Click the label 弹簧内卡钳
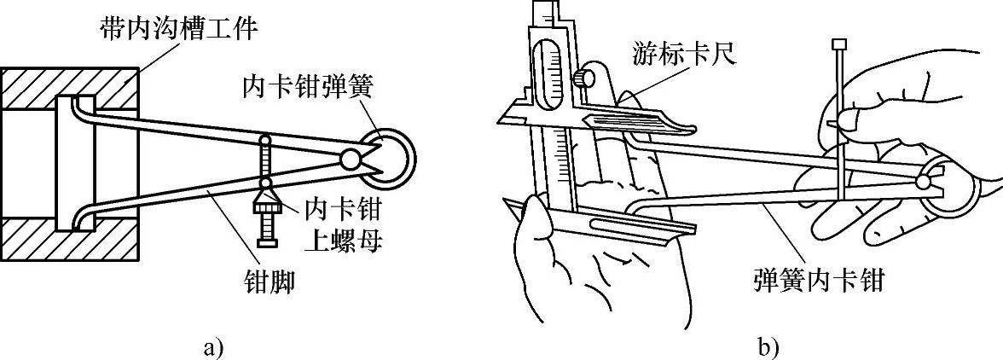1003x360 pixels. [819, 281]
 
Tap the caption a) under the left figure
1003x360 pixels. [213, 347]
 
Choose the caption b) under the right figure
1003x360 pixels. [767, 347]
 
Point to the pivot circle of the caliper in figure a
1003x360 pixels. [350, 159]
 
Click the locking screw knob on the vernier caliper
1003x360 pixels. [583, 78]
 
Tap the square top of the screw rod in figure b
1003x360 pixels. [838, 44]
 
